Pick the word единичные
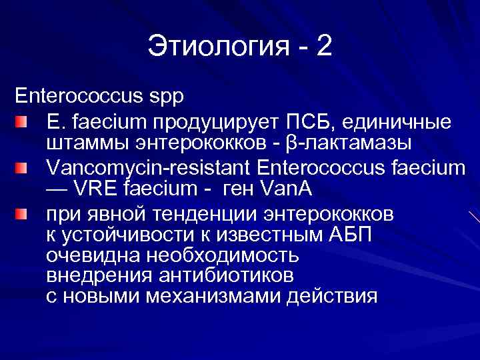coord(400,123)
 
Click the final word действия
coord(331,295)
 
